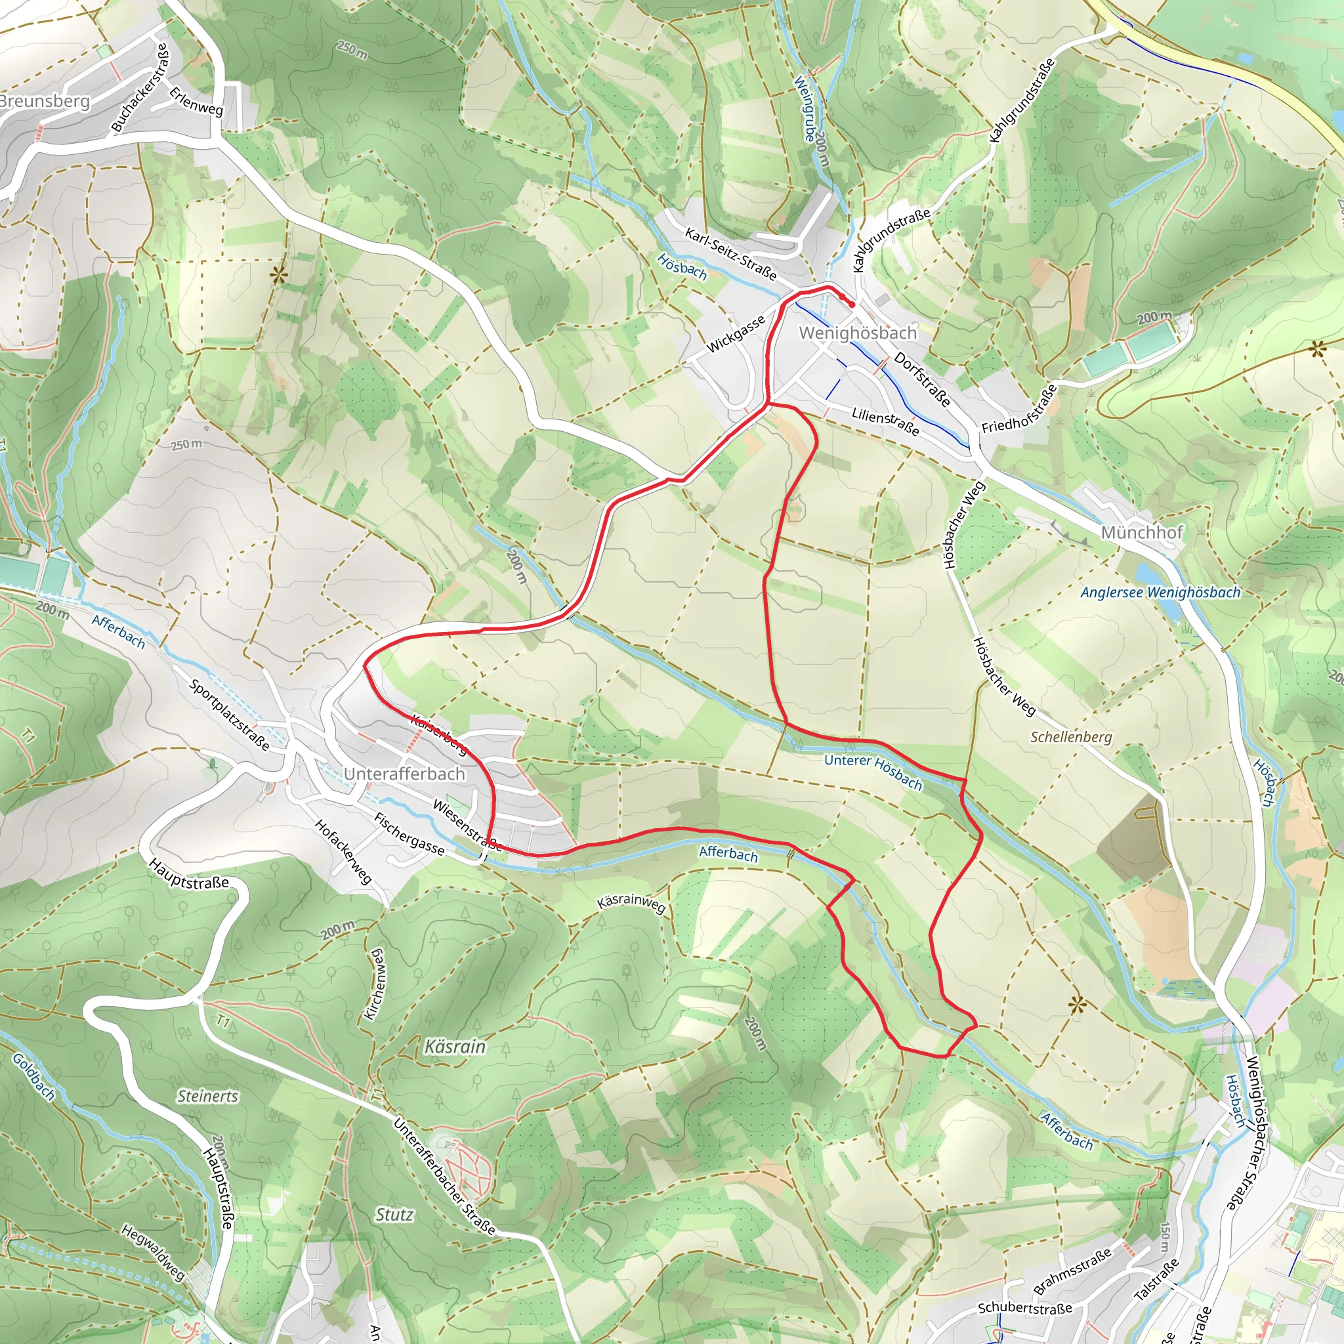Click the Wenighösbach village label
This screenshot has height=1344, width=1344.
click(x=857, y=333)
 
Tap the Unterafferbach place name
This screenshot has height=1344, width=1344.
click(x=404, y=774)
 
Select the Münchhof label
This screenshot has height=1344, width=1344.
click(x=1142, y=532)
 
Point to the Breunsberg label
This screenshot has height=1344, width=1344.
click(x=45, y=101)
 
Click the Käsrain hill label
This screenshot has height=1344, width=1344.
click(x=454, y=1046)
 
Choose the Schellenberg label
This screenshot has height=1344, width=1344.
click(x=1070, y=737)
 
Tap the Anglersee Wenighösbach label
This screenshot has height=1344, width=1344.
click(x=1160, y=593)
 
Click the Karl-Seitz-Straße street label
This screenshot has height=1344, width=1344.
click(x=730, y=253)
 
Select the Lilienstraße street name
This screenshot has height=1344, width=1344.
click(x=885, y=421)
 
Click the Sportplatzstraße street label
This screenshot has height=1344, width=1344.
click(x=229, y=715)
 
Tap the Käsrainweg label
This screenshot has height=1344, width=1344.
click(x=631, y=902)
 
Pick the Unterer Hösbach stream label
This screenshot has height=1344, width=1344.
click(x=873, y=771)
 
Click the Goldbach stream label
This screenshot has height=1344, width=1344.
click(x=33, y=1076)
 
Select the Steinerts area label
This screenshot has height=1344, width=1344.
click(x=207, y=1097)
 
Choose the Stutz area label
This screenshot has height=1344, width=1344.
click(x=394, y=1215)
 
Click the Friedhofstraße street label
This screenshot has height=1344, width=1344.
click(x=1019, y=409)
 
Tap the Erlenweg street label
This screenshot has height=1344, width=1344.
click(x=196, y=100)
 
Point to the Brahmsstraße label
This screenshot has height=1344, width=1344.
click(x=1072, y=1272)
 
